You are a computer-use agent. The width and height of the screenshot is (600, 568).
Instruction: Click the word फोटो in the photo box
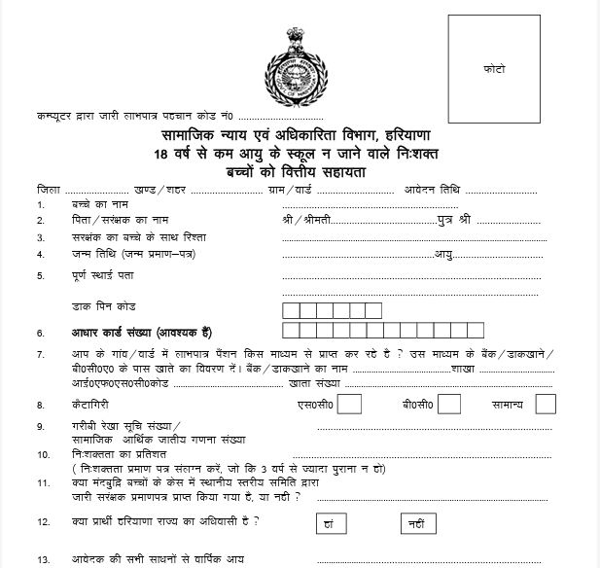click(495, 71)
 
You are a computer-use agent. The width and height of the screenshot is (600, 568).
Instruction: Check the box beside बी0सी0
click(449, 403)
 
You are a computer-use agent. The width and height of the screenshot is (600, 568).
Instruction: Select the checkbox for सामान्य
click(546, 403)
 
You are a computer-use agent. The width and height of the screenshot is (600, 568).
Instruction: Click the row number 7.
click(40, 354)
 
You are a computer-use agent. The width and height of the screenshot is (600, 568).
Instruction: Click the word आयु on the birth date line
click(445, 254)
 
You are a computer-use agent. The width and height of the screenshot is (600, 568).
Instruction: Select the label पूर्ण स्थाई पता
click(102, 275)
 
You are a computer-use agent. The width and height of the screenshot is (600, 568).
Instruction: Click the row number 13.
click(42, 559)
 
